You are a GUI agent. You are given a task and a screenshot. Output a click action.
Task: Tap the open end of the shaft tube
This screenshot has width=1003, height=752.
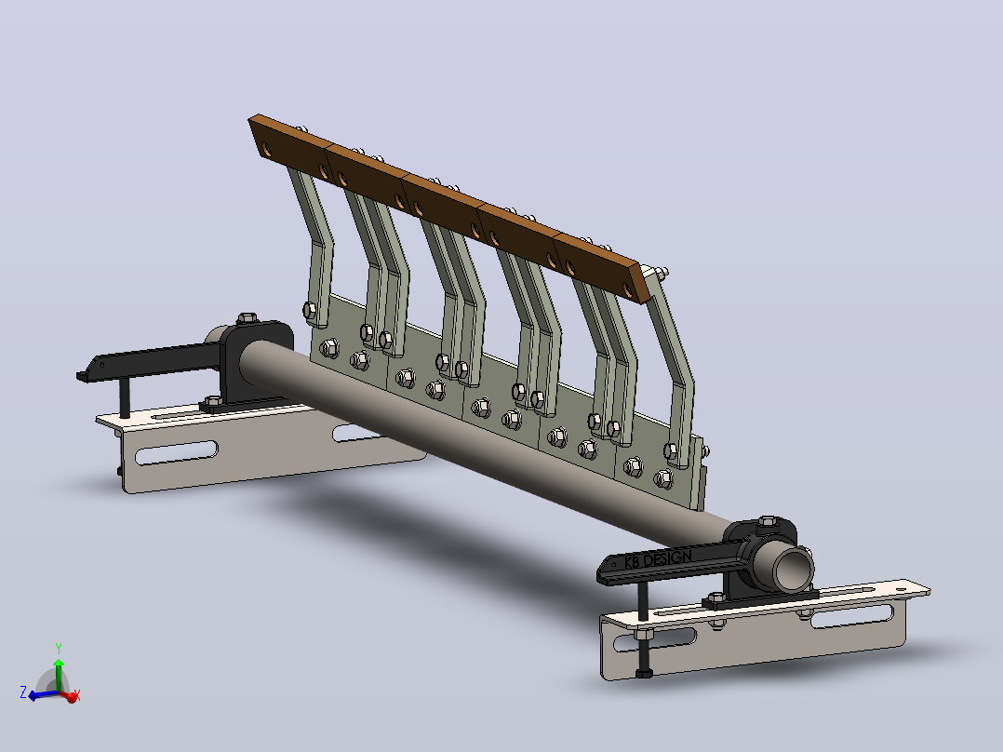pos(793,566)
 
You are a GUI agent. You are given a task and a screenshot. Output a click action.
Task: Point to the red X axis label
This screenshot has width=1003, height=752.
pos(76,693)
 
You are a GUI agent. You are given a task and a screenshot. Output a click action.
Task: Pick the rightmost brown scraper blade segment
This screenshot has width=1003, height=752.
pos(601,268)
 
